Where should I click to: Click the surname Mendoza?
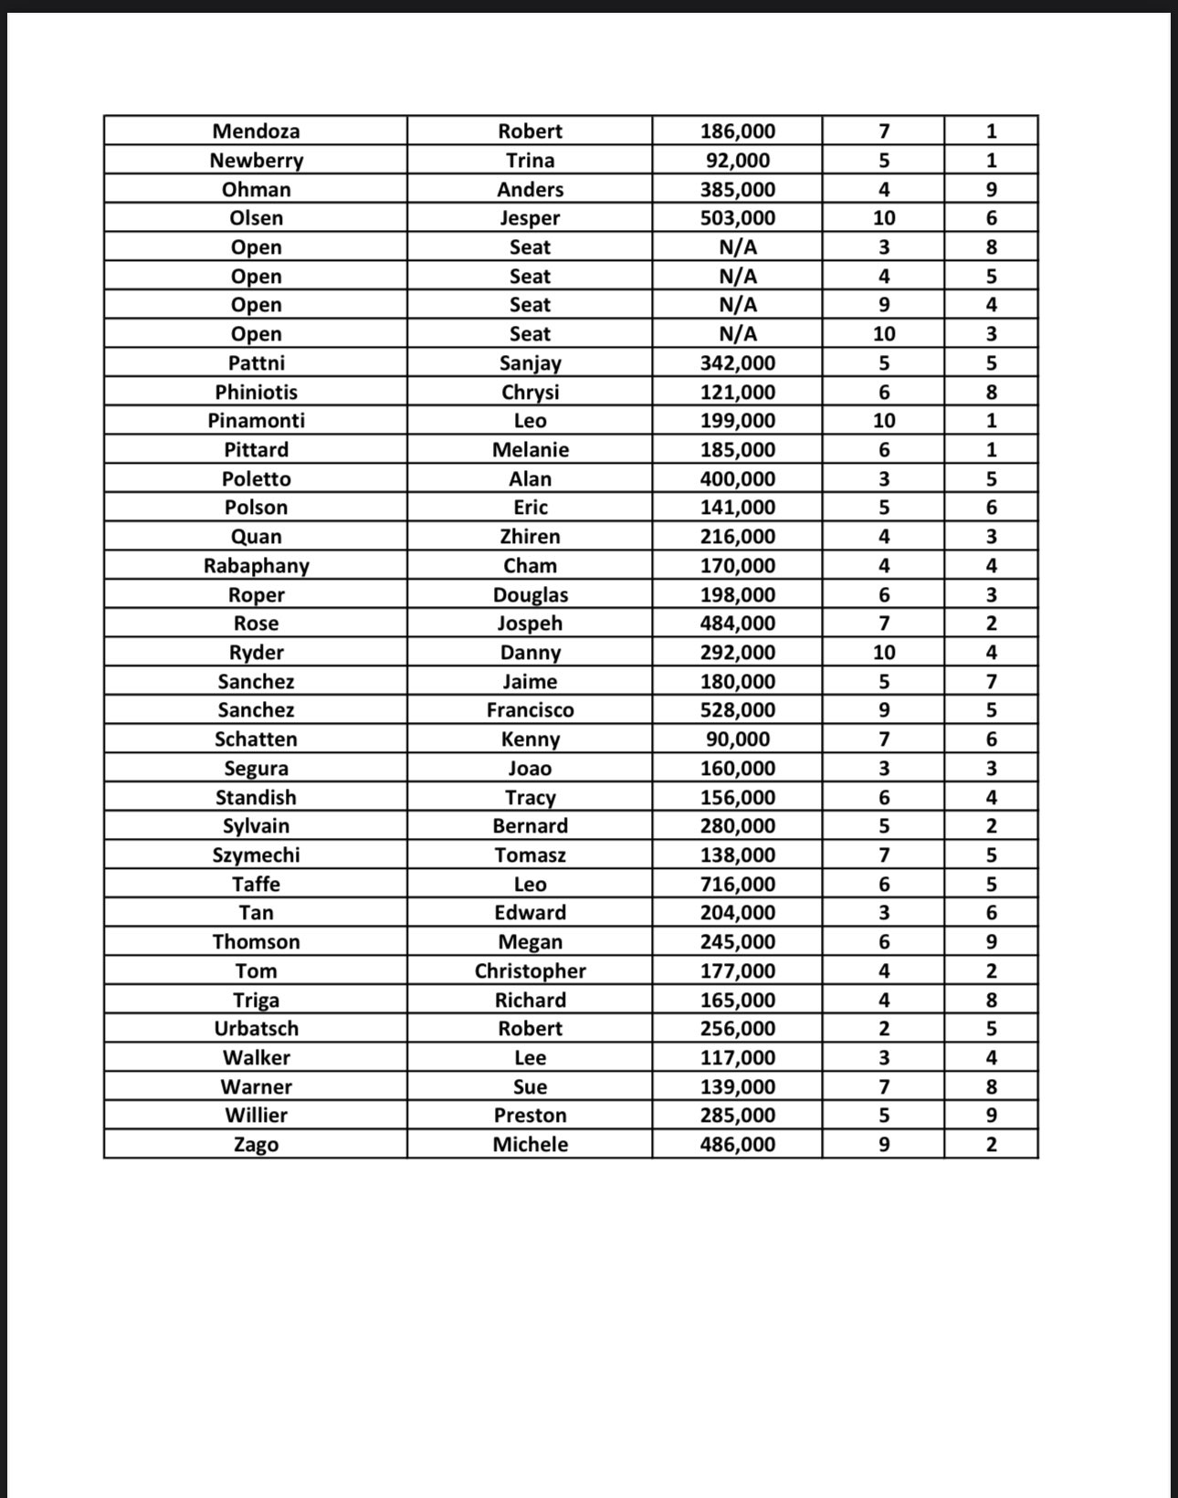point(256,131)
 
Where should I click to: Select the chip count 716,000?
point(737,885)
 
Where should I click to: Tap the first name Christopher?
point(530,971)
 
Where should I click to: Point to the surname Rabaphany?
point(256,566)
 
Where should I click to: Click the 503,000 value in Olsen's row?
point(737,218)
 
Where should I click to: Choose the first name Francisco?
point(530,710)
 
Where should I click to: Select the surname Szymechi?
point(256,855)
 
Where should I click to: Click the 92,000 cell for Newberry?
point(737,161)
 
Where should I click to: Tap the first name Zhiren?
point(530,537)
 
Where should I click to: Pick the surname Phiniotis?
point(256,393)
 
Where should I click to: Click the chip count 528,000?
point(737,710)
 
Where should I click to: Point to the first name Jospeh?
point(530,623)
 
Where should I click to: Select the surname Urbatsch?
point(256,1029)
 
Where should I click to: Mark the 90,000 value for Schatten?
point(737,739)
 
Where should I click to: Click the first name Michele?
point(530,1145)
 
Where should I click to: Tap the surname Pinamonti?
point(256,421)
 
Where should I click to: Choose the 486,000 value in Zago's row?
point(737,1145)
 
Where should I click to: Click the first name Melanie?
point(530,450)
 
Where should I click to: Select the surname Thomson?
point(256,942)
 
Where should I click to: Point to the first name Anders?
point(530,190)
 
